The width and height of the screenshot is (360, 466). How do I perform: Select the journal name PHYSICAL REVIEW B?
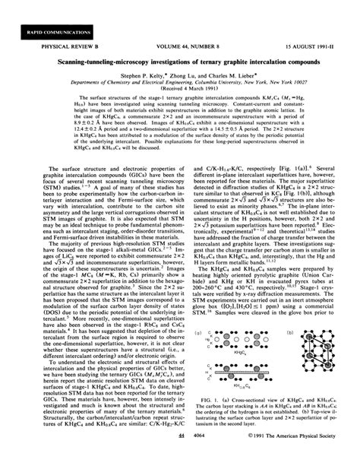point(49,51)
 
